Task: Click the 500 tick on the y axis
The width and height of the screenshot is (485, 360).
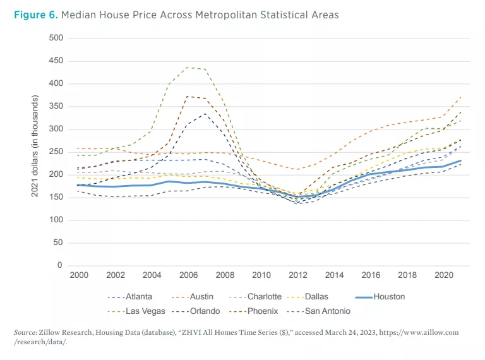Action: (56, 38)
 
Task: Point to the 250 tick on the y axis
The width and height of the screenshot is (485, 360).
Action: (56, 152)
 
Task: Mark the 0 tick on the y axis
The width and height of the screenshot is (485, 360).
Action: (61, 265)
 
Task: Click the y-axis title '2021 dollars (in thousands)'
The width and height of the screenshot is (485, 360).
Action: (37, 152)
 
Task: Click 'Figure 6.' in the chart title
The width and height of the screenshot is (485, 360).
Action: (35, 15)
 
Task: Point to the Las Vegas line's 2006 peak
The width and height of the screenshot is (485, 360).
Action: (188, 67)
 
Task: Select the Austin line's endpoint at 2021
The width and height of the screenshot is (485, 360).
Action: (462, 97)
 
